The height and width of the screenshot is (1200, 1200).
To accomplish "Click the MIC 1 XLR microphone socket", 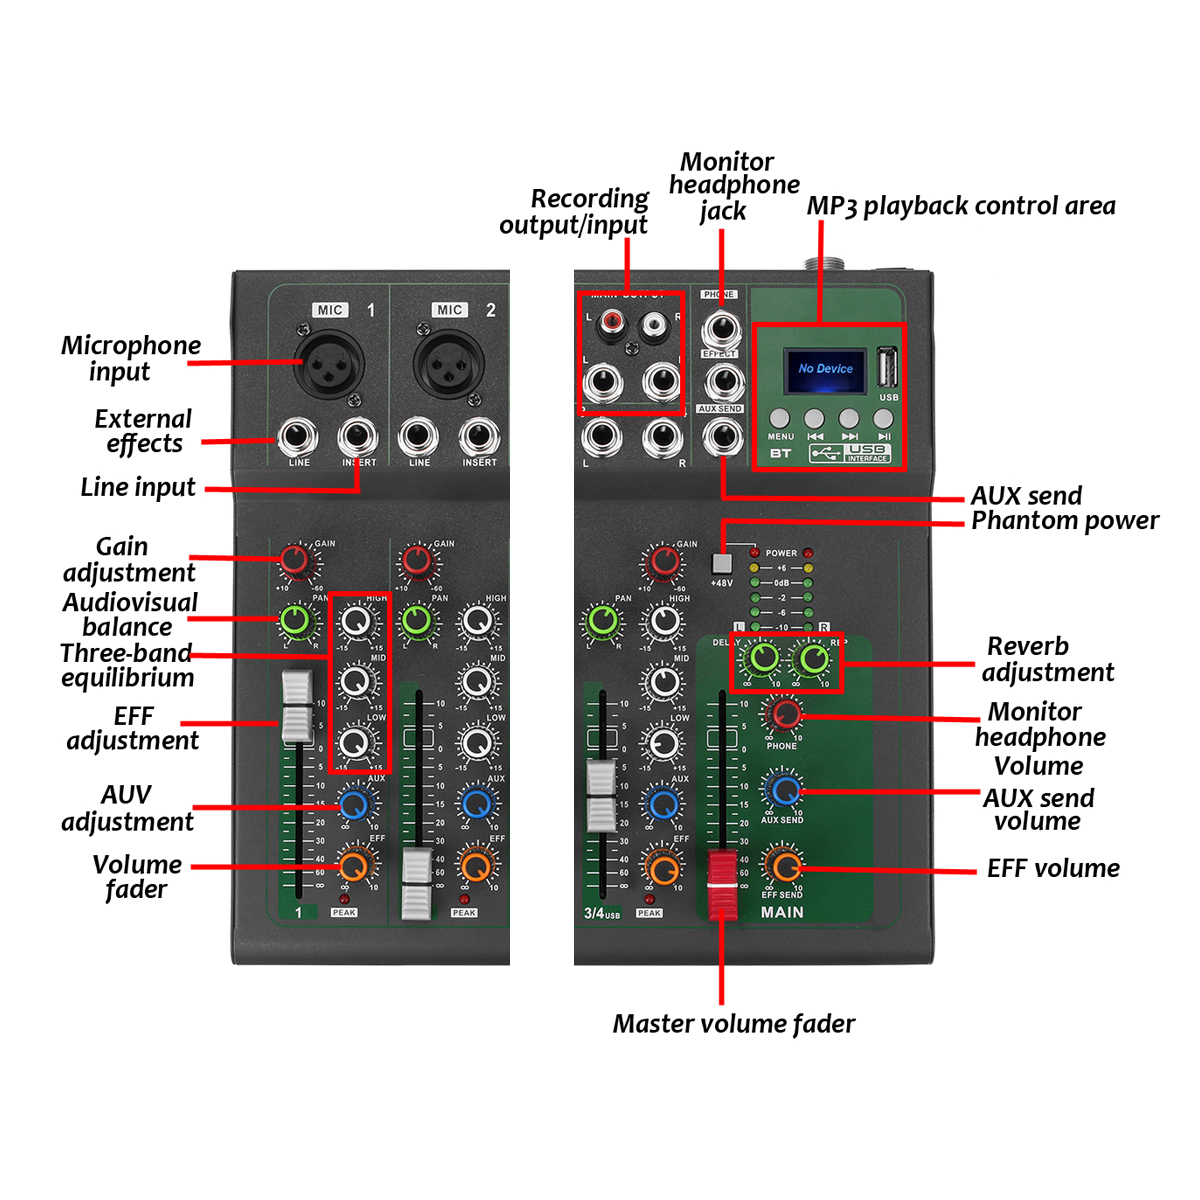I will tap(328, 365).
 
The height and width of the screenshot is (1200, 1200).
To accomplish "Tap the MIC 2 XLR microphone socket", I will tap(449, 365).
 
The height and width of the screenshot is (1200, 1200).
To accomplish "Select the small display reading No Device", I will tap(825, 369).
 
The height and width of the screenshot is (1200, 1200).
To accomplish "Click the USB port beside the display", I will tap(887, 367).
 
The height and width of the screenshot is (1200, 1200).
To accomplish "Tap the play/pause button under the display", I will tap(883, 418).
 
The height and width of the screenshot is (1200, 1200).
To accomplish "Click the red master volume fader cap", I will tap(722, 885).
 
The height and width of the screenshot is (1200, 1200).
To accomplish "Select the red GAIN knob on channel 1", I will tap(295, 561).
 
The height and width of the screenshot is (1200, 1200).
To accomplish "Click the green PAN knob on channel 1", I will tap(296, 620).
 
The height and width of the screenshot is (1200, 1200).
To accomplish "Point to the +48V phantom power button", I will tap(722, 563).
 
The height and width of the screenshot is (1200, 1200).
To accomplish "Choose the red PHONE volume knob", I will tap(783, 714).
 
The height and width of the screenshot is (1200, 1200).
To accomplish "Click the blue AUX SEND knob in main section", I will tap(784, 790).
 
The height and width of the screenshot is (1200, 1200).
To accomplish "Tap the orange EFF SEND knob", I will tap(784, 866).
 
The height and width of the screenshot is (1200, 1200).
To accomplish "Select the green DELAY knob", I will tap(763, 658).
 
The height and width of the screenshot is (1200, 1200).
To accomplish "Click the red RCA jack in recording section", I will tap(610, 323).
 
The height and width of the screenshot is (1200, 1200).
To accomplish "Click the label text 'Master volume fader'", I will tap(733, 1024).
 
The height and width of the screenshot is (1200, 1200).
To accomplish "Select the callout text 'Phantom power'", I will tap(1065, 521).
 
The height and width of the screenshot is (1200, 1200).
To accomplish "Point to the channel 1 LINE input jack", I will tap(298, 438).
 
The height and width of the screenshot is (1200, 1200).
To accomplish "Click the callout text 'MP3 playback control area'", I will tap(960, 206).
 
